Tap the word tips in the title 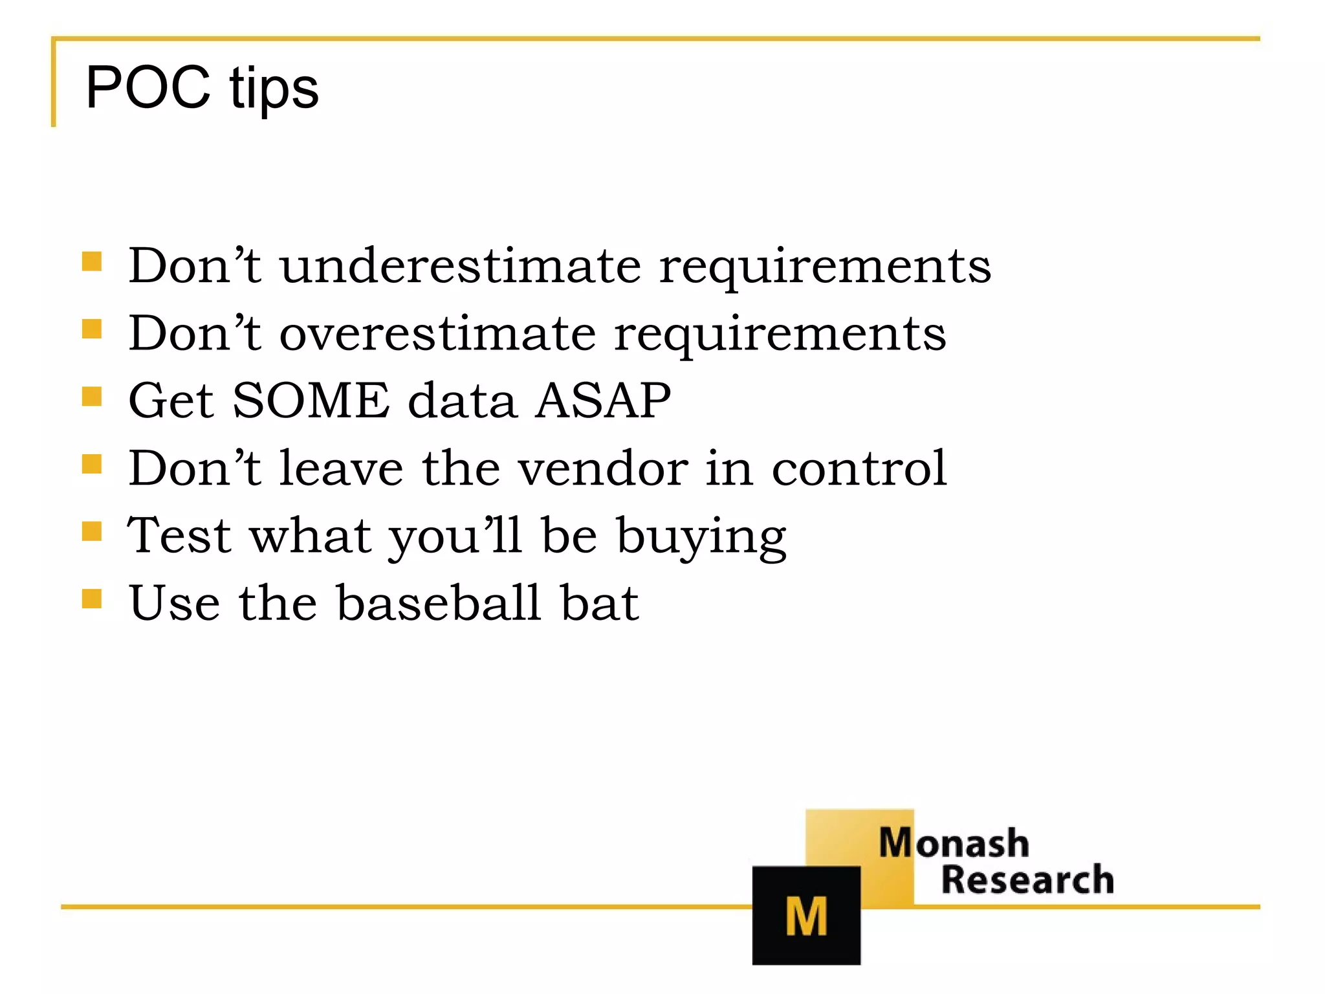[x=273, y=89]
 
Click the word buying [x=701, y=537]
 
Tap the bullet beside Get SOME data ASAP [x=92, y=396]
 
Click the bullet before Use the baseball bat [x=92, y=599]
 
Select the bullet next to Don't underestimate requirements [x=92, y=261]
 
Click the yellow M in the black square [x=806, y=916]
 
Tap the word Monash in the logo [x=954, y=843]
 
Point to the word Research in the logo [x=1027, y=879]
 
